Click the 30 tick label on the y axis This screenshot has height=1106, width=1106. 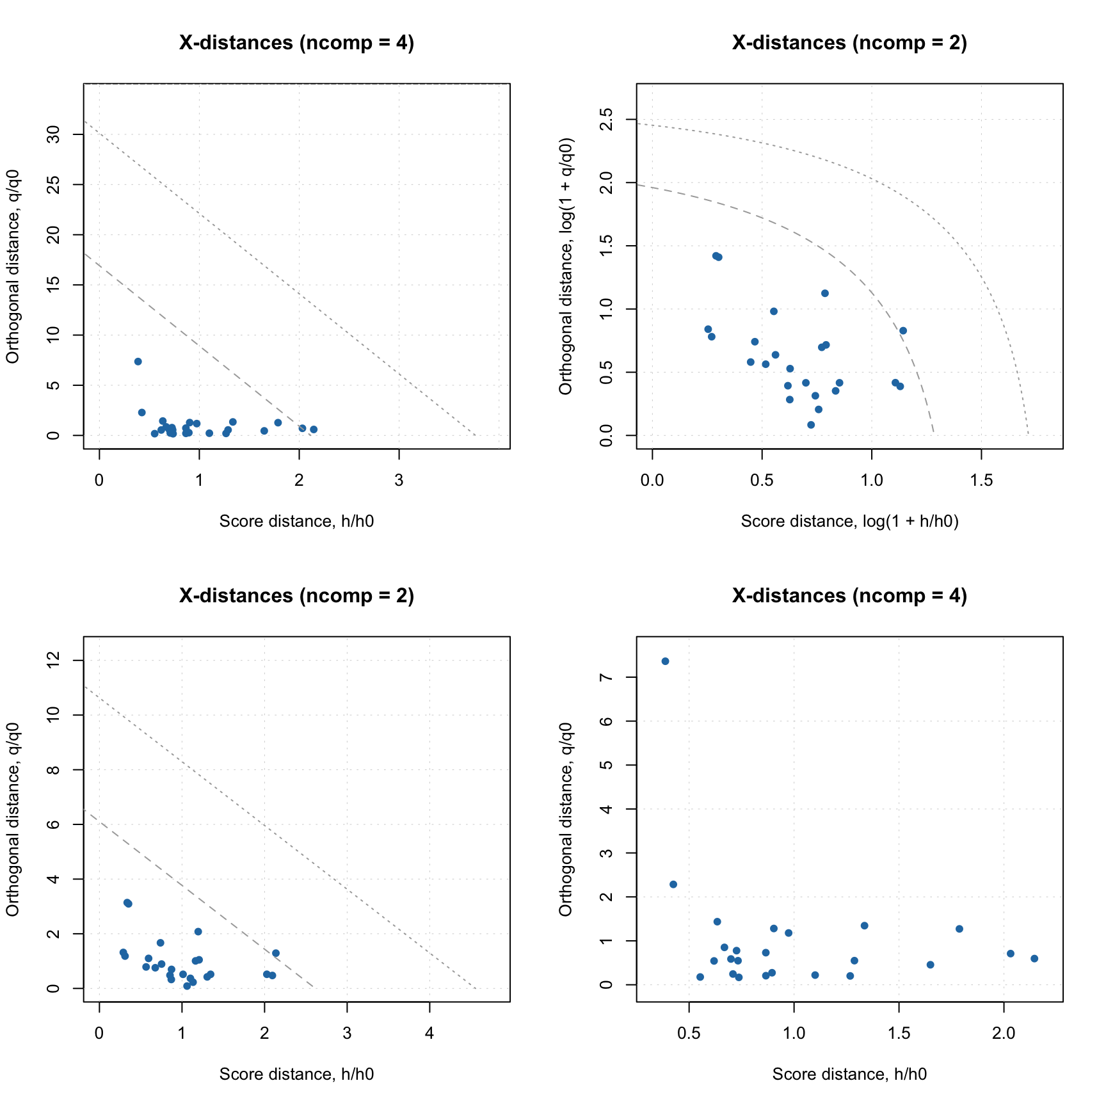tap(54, 134)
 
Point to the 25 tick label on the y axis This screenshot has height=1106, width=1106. tap(54, 184)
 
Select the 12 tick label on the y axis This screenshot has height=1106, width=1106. tap(54, 660)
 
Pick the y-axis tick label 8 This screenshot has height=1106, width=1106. tap(54, 769)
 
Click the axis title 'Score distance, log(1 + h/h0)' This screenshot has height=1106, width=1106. tap(849, 522)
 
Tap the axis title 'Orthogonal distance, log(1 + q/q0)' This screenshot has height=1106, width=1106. tap(565, 266)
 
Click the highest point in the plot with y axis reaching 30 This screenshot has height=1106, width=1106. tap(138, 362)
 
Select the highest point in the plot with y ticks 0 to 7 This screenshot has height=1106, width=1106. tap(665, 661)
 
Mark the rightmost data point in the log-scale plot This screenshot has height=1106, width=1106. tap(903, 331)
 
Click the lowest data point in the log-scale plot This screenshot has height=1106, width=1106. tap(810, 425)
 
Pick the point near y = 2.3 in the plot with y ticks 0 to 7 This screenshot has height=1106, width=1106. tap(673, 885)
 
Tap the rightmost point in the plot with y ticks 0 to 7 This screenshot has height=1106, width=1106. tap(1034, 959)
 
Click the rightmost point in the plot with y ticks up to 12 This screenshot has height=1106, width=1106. tap(276, 953)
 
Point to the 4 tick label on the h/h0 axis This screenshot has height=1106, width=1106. tap(429, 1034)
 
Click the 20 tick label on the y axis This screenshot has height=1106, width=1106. tap(54, 235)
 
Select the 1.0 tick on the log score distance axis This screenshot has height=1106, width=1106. tap(872, 481)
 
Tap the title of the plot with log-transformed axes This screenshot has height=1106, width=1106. tap(849, 43)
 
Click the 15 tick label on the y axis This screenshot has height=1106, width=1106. tap(54, 285)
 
